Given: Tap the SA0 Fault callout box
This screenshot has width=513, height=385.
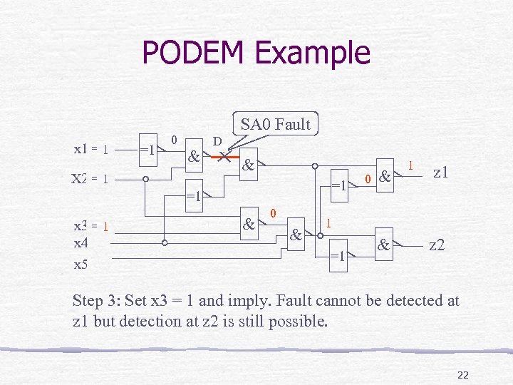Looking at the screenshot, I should point(276,124).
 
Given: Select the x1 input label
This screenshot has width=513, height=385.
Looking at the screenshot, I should point(81,150).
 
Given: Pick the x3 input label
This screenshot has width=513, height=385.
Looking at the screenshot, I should point(81,226).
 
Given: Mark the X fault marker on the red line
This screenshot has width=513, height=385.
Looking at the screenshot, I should point(224,155).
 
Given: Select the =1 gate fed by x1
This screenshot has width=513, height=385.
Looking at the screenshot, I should point(148,150).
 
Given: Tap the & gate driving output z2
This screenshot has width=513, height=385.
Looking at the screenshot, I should point(384,246).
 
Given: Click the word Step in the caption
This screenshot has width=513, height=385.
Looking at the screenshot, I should point(90,301).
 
